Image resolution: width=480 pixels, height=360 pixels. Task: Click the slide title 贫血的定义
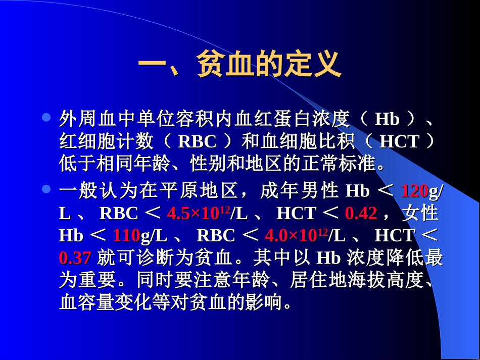tap(239, 64)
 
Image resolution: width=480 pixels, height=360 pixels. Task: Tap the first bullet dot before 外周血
tap(46, 118)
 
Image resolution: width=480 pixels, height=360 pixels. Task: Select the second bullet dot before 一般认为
tap(46, 190)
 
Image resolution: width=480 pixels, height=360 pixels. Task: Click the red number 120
tap(414, 191)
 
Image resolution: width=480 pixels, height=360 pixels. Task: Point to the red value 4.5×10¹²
tap(199, 214)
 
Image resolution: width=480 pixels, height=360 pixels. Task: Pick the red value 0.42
tap(361, 214)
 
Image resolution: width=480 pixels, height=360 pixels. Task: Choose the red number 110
tap(126, 236)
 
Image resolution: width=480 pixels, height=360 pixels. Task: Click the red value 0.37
tap(75, 258)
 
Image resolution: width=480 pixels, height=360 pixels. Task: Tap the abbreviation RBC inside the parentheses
tap(198, 142)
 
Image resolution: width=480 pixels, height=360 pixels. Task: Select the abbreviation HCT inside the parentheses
tap(399, 142)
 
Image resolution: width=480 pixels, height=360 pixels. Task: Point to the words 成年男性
tap(299, 191)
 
